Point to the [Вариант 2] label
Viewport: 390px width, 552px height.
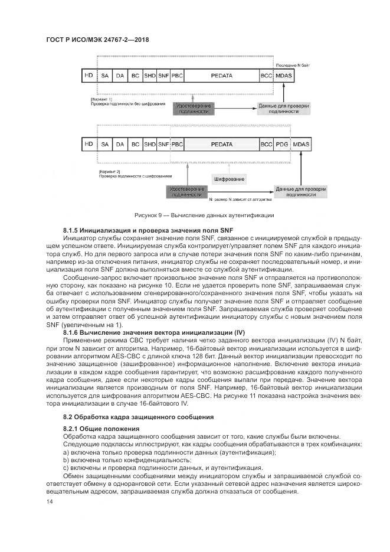(109, 170)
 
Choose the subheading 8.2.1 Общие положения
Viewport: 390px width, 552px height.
(101, 428)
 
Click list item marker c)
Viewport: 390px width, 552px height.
(65, 468)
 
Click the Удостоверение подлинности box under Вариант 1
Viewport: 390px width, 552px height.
(195, 108)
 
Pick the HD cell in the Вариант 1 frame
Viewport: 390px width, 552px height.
(89, 76)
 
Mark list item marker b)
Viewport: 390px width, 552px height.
(65, 459)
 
